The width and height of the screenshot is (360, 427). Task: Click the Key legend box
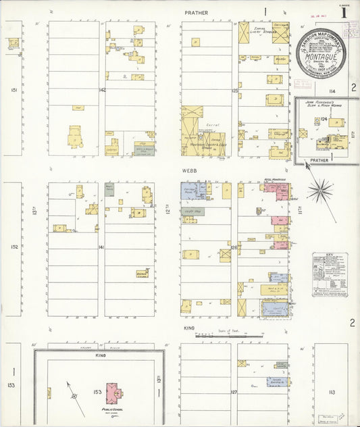pos(330,274)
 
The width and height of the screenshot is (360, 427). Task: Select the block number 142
pos(103,90)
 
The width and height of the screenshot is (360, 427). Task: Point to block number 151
pos(14,90)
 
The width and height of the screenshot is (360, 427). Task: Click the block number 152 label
pos(14,247)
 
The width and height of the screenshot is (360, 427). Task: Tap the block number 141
pos(101,248)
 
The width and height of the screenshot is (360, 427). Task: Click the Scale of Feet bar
pos(230,334)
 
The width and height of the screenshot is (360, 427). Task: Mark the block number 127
pos(234,392)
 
